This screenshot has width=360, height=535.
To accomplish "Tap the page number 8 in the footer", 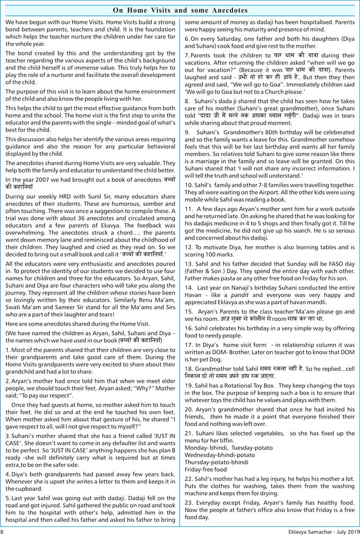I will [2, 531].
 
